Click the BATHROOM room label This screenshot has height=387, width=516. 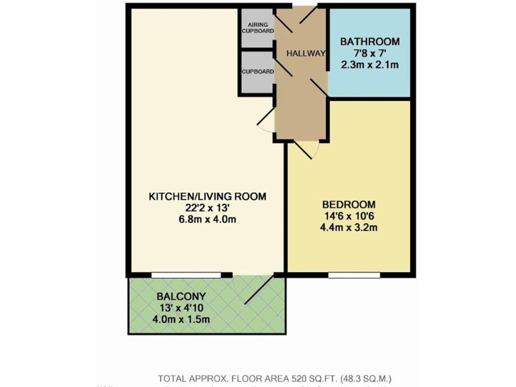[x=369, y=42]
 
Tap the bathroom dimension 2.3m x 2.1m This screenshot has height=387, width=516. [x=369, y=65]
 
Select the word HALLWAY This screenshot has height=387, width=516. [x=306, y=54]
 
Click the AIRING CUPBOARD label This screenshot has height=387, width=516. [x=258, y=28]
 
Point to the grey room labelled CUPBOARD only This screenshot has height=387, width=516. [x=258, y=71]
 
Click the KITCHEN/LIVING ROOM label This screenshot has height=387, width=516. [x=207, y=196]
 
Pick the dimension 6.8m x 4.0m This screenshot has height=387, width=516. [x=207, y=220]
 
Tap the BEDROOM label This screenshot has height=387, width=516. [x=349, y=204]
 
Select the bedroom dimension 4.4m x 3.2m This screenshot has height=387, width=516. [x=349, y=228]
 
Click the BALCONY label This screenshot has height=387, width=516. [x=181, y=296]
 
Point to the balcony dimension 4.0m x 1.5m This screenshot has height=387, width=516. [x=181, y=319]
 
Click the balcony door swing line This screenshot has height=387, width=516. [x=259, y=290]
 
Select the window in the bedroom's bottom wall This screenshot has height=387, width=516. [x=354, y=274]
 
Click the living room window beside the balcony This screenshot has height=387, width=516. [x=185, y=274]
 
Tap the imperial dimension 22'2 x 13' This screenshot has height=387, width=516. [x=207, y=208]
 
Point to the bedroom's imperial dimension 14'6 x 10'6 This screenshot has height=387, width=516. [x=349, y=216]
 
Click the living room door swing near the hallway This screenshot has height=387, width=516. [x=265, y=121]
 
